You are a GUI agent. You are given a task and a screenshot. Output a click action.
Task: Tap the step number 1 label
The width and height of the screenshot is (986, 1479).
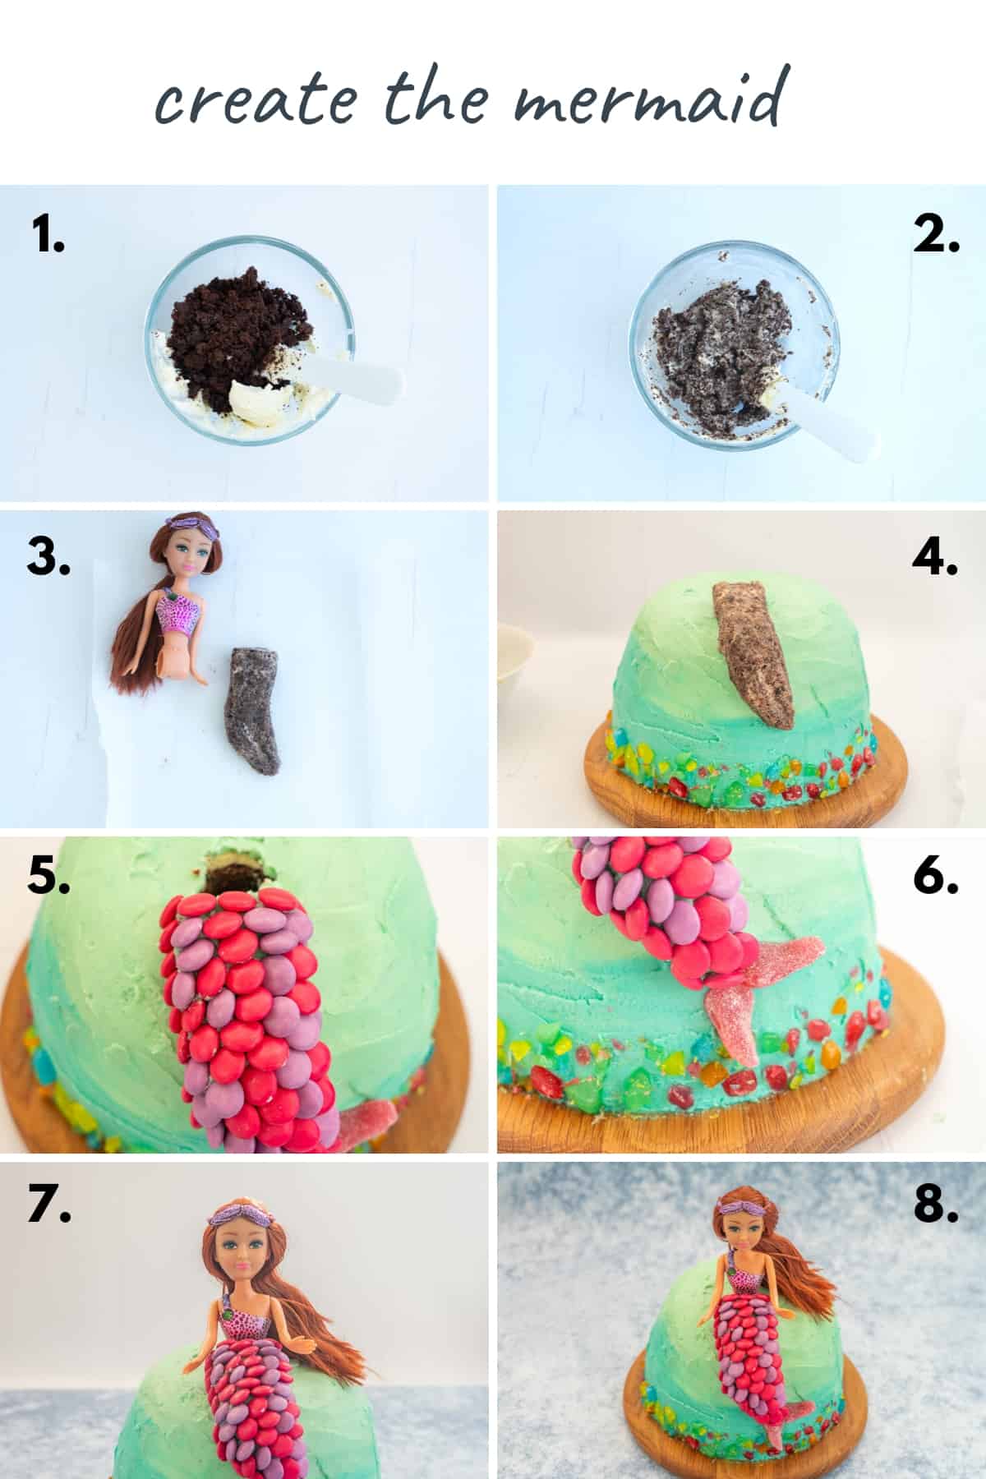coord(48,235)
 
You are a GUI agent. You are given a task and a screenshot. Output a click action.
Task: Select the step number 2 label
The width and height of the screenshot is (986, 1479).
coord(936,235)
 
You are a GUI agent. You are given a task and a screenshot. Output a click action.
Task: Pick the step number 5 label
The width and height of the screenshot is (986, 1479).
coord(48,878)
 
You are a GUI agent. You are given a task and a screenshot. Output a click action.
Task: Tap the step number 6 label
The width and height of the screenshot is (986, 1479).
coord(936,878)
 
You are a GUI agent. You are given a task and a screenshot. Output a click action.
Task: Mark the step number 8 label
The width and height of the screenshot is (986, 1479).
coord(936,1205)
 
